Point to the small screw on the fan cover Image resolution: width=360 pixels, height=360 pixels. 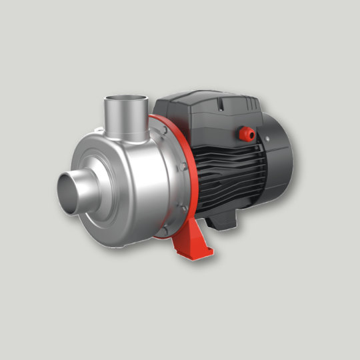[265, 138]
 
